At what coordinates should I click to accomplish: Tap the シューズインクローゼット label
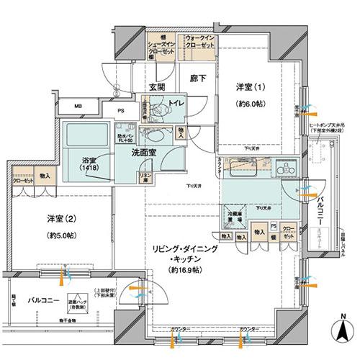tap(165, 43)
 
